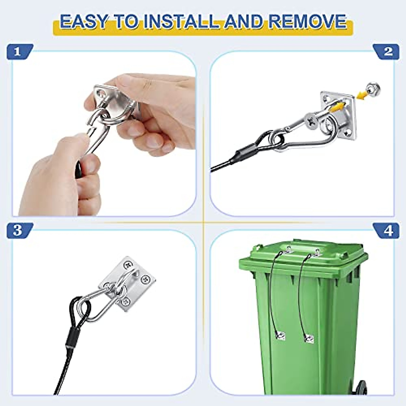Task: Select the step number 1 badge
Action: click(x=18, y=51)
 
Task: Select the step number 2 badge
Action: click(x=388, y=51)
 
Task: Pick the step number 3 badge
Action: click(x=18, y=230)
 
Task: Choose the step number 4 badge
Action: click(x=388, y=230)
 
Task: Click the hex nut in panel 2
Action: click(x=374, y=89)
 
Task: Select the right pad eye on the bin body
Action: click(x=309, y=338)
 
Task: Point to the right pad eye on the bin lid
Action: click(x=317, y=252)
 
